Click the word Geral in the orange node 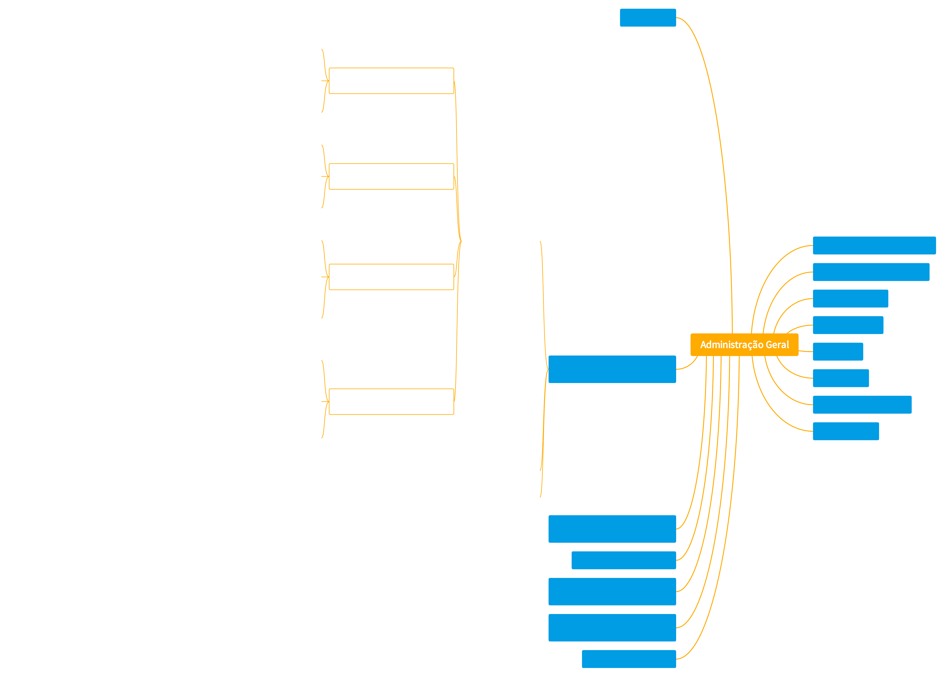[777, 345]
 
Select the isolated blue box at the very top [648, 18]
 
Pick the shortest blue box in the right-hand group [838, 351]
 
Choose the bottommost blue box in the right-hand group [846, 431]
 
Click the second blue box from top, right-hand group [871, 272]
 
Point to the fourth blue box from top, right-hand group [848, 325]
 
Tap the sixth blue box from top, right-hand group [841, 378]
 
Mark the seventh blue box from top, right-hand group [862, 405]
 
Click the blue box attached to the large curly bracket [612, 369]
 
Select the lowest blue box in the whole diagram [629, 659]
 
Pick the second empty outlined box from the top [391, 176]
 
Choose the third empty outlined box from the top [391, 277]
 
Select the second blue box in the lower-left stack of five [623, 560]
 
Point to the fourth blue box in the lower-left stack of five [612, 628]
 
